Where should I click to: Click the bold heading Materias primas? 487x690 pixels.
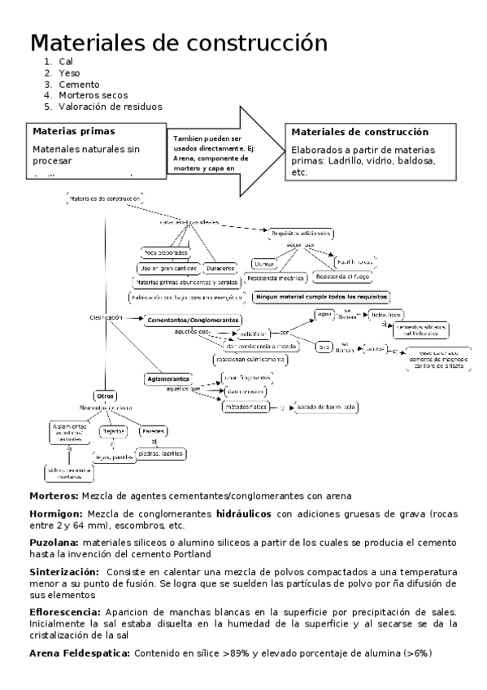73,130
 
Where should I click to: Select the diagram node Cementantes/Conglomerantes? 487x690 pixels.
193,320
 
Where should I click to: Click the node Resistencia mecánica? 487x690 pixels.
274,277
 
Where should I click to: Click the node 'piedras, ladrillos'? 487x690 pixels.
159,454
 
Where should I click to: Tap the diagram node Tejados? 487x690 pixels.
111,431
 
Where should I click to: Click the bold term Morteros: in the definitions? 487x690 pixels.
54,496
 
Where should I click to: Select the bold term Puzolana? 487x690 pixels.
54,542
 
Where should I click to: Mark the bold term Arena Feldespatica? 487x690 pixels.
80,653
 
